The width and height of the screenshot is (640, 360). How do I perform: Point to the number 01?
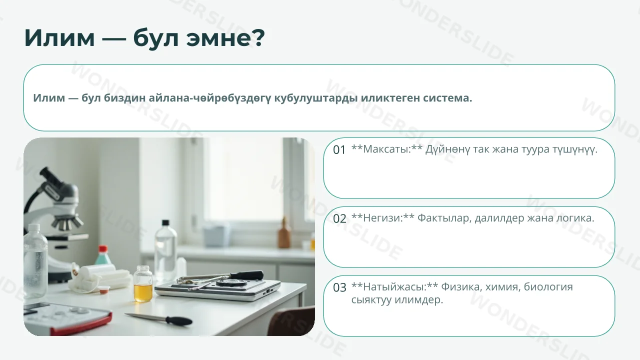[339, 150]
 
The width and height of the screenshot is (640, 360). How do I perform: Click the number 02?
[339, 219]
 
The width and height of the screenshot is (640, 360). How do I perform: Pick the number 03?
[339, 287]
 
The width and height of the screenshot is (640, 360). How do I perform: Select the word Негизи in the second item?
[381, 218]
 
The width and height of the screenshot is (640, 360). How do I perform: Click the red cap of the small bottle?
[102, 249]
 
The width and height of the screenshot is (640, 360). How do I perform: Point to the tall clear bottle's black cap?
[165, 223]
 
